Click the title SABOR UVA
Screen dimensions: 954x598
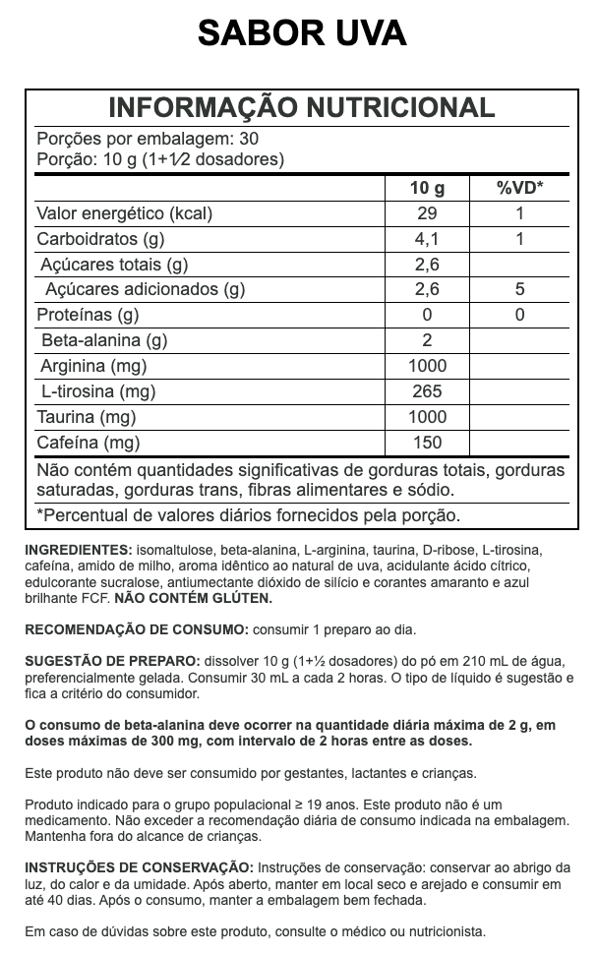coord(301,34)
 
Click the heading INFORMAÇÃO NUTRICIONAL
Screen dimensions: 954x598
coord(301,108)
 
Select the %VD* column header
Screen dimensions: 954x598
coord(519,188)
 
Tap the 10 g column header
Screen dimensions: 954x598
coord(427,188)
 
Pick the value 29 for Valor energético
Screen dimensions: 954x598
coord(427,213)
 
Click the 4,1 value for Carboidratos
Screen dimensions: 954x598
coord(427,239)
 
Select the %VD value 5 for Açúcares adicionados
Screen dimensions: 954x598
coord(519,290)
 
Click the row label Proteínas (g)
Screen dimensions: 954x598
coord(88,316)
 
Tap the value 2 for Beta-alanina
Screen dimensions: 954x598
coord(427,341)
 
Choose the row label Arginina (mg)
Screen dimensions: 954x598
coord(93,367)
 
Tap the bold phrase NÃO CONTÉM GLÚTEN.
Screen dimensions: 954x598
coord(193,597)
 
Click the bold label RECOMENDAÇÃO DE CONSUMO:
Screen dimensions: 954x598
coord(137,629)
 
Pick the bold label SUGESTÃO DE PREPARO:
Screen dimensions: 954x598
coord(112,662)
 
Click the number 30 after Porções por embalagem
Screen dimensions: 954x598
coord(249,139)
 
